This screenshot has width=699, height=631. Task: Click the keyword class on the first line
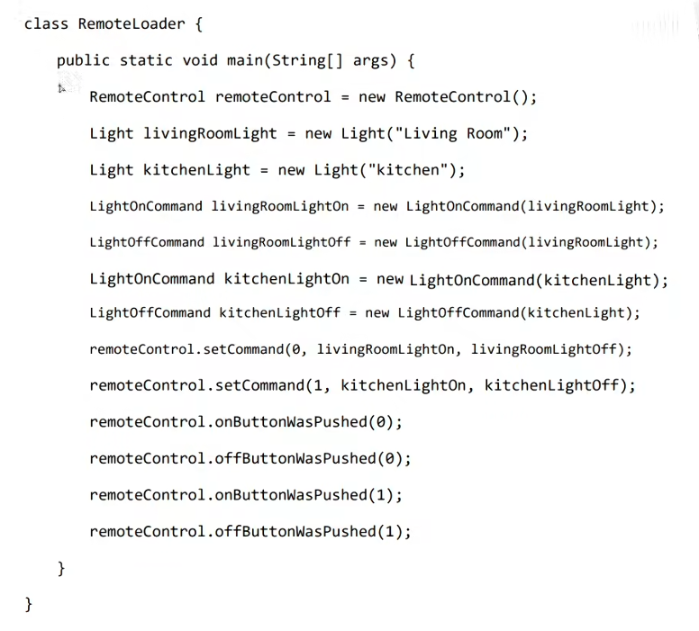pos(46,23)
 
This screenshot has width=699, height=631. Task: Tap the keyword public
pos(83,60)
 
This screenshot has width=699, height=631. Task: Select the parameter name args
pos(370,60)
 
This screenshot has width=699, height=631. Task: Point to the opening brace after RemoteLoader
pos(198,23)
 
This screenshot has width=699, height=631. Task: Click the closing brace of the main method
pos(61,568)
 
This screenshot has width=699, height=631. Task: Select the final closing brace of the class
pos(29,604)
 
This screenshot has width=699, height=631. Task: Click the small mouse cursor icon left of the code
pos(63,88)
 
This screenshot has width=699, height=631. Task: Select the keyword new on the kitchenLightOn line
pos(389,278)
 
